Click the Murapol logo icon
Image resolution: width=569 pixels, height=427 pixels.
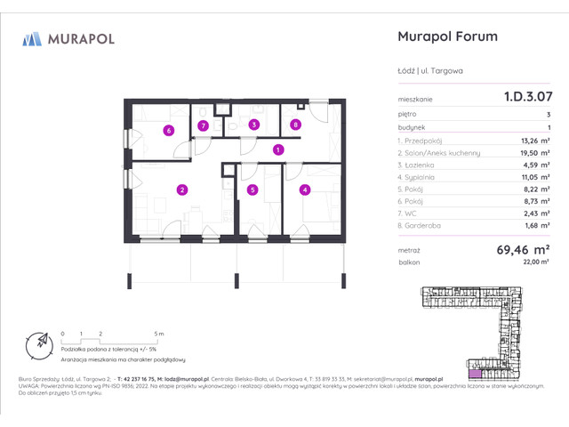click(32, 38)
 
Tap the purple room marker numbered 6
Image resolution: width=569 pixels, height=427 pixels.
click(168, 131)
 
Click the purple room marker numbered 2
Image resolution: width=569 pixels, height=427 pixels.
click(181, 189)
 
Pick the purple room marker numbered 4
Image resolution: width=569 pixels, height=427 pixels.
click(304, 189)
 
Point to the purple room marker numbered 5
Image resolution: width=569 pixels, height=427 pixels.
click(253, 189)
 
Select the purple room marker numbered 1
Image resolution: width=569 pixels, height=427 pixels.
click(278, 150)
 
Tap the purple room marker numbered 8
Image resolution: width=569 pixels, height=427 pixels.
click(296, 125)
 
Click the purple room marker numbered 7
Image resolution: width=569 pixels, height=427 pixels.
click(204, 125)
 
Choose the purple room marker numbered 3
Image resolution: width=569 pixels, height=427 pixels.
click(253, 125)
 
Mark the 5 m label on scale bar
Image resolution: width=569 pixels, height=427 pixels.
click(158, 333)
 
